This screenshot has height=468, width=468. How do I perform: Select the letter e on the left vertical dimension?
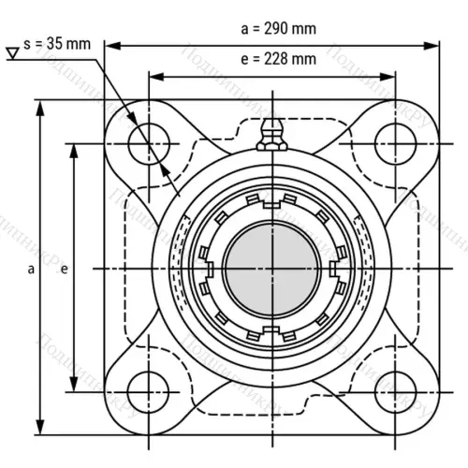(63, 270)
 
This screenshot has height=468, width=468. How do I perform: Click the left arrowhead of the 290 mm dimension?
(110, 43)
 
